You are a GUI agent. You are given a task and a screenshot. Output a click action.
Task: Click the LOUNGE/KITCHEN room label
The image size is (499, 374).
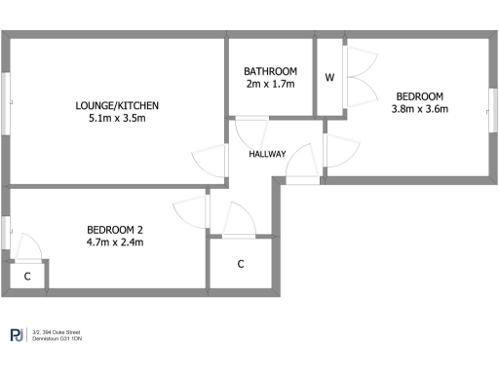click(x=117, y=106)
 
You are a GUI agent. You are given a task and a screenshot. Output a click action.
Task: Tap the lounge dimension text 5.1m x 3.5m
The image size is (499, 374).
click(x=117, y=120)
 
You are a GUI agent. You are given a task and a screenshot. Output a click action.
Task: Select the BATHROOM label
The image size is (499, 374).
click(x=270, y=71)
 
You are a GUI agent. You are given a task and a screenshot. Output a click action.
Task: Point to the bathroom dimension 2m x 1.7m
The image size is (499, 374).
click(x=270, y=85)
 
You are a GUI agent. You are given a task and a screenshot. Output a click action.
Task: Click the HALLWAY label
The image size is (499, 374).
click(x=267, y=154)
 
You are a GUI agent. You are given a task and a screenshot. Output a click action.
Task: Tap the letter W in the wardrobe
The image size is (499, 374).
click(x=329, y=78)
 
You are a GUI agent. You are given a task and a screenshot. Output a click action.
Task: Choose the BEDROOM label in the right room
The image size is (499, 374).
click(x=419, y=95)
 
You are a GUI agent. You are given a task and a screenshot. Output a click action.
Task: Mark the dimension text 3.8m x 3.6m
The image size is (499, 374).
click(x=419, y=109)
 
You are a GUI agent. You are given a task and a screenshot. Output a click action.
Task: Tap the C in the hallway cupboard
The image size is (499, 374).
click(x=240, y=264)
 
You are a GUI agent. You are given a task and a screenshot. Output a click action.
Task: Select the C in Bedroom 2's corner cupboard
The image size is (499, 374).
click(x=26, y=277)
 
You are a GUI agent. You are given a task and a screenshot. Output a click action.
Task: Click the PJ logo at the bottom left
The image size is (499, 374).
click(x=17, y=337)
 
